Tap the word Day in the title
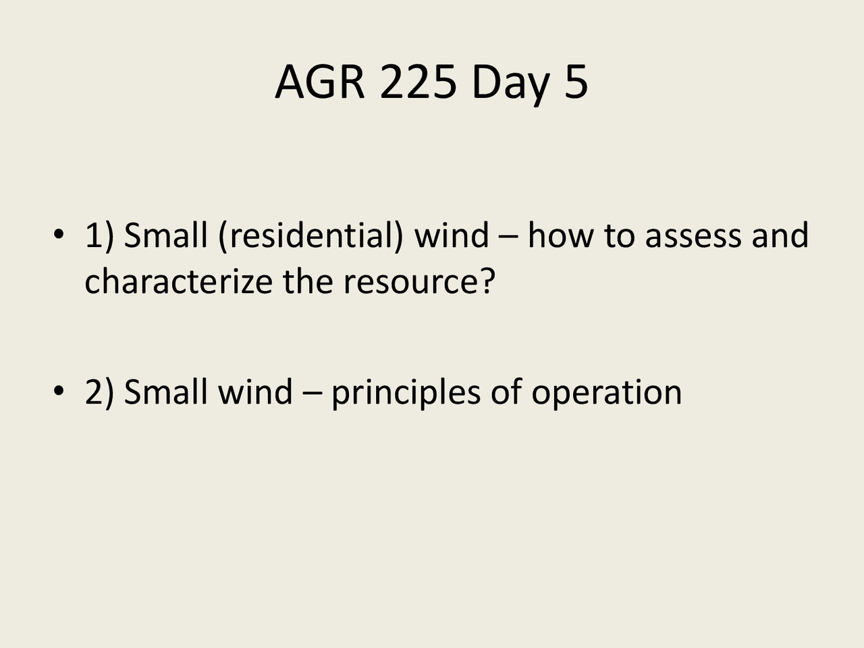point(510,83)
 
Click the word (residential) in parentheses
point(310,236)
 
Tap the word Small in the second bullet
point(166,391)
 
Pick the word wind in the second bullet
point(255,391)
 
